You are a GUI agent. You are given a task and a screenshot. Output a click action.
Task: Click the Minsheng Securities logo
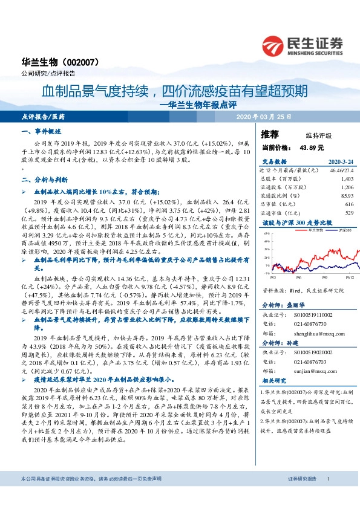pos(302,44)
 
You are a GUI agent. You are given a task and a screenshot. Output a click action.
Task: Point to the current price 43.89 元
pos(310,147)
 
